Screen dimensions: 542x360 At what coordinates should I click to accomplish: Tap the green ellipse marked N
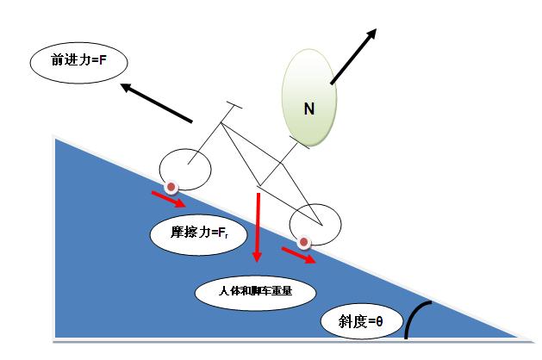pyautogui.click(x=308, y=95)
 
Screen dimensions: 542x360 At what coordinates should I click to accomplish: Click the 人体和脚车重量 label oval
pyautogui.click(x=255, y=291)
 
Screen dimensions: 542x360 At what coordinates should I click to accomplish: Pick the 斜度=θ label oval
pyautogui.click(x=354, y=322)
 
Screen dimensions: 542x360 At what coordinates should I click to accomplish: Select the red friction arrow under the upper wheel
pyautogui.click(x=168, y=200)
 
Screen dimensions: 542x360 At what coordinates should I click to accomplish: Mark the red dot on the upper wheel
pyautogui.click(x=172, y=186)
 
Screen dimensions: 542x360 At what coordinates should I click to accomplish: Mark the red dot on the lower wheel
pyautogui.click(x=303, y=243)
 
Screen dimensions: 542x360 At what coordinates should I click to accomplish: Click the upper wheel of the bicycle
pyautogui.click(x=185, y=169)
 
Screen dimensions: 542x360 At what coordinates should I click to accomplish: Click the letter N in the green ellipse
pyautogui.click(x=308, y=108)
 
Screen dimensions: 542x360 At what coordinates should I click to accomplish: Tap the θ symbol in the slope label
pyautogui.click(x=377, y=323)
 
